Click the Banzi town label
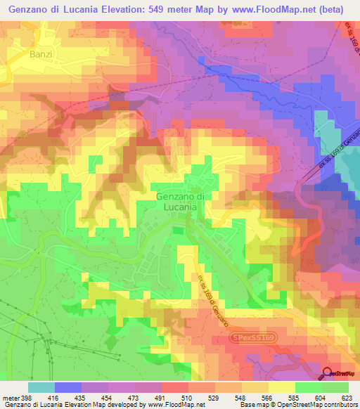point(41,53)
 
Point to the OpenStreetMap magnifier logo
point(328,375)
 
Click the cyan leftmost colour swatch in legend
point(41,387)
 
